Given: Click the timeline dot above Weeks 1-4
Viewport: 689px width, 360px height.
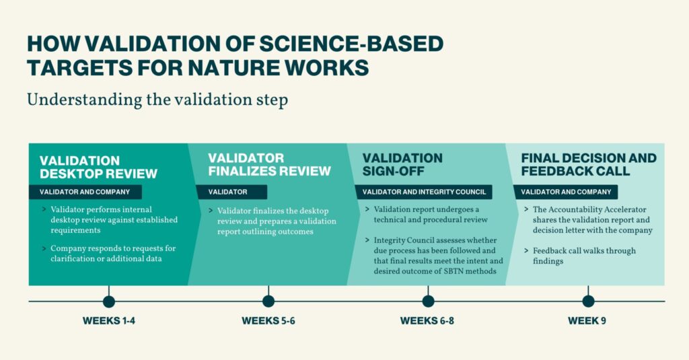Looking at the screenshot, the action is (x=109, y=301).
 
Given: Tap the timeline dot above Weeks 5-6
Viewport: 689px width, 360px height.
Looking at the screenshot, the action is (x=268, y=301).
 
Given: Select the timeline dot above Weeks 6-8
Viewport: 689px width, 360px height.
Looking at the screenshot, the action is (x=428, y=301).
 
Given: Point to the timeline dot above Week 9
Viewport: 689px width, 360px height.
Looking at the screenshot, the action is (x=588, y=301).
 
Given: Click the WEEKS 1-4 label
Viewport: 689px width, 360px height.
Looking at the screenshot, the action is (x=108, y=321).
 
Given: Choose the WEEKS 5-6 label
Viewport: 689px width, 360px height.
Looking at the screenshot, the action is (x=268, y=321).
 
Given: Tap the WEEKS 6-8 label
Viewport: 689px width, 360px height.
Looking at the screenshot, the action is (x=427, y=321).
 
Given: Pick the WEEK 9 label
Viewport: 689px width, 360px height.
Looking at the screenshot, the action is (x=587, y=321).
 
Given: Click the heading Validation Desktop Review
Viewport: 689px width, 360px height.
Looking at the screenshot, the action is (x=98, y=167).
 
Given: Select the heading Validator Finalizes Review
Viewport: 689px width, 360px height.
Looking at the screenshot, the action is (x=269, y=164).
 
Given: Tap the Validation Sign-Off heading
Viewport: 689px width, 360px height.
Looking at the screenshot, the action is (x=402, y=164).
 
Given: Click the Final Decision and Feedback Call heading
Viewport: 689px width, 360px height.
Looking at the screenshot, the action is (x=589, y=164).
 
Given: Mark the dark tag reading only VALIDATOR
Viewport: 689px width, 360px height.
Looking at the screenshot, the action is (x=231, y=192).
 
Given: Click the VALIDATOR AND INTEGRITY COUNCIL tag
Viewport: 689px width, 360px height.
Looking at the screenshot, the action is (x=424, y=192).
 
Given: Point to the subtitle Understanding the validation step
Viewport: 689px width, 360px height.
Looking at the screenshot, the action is (x=157, y=100).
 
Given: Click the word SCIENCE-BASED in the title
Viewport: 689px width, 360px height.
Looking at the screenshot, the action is (x=351, y=44).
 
